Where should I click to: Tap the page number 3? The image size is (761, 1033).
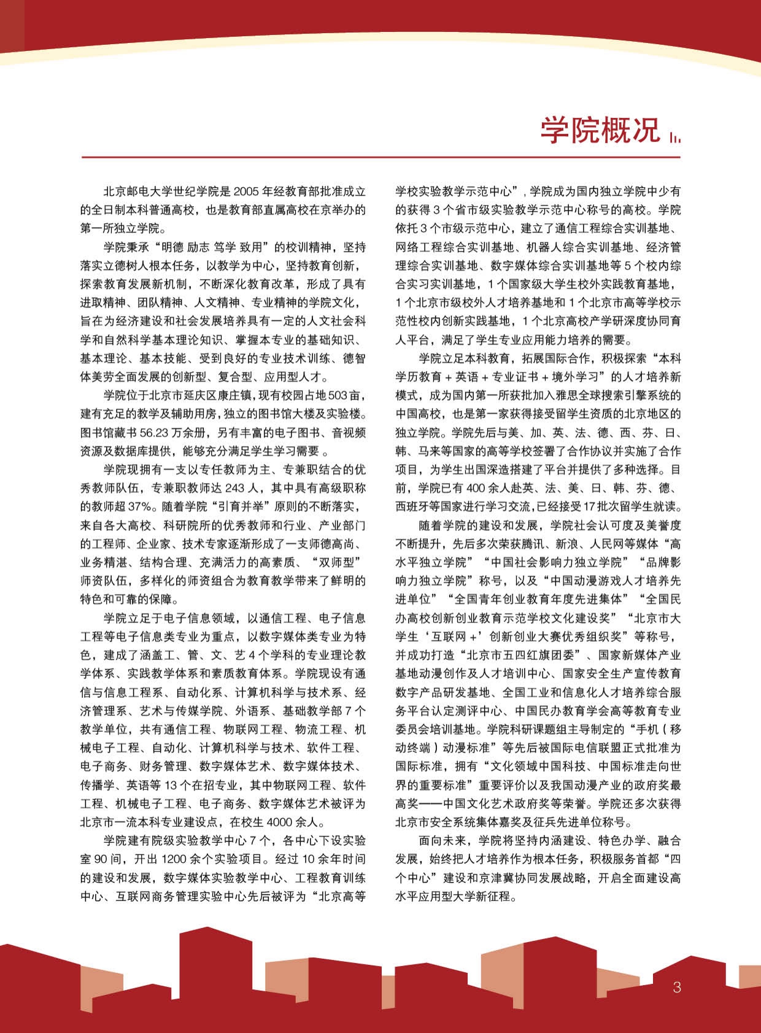tap(677, 988)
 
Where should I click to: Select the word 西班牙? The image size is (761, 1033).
tap(411, 508)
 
